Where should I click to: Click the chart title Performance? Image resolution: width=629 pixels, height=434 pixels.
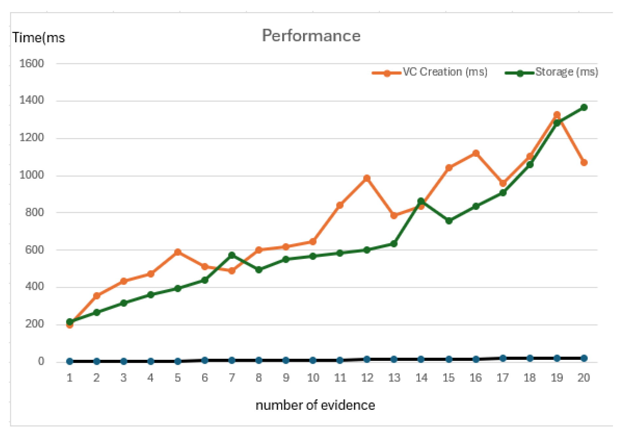(x=311, y=35)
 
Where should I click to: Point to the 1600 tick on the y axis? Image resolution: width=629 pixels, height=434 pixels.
(x=32, y=63)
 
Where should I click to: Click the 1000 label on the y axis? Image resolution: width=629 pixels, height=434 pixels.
(x=32, y=175)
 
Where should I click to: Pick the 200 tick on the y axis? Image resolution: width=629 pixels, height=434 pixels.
(x=34, y=324)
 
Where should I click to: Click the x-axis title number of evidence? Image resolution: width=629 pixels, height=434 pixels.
(x=315, y=405)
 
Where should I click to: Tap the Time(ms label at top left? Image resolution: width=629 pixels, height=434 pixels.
(x=39, y=38)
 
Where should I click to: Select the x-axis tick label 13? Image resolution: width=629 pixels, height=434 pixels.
(x=394, y=378)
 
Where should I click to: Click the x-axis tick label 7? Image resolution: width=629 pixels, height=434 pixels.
(x=232, y=378)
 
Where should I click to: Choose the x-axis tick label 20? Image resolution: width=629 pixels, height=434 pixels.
(x=583, y=378)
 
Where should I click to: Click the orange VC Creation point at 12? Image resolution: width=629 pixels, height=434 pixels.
(x=367, y=178)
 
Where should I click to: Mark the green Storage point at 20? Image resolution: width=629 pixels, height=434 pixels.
(x=584, y=107)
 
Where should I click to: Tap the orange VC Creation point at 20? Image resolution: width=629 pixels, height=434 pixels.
(x=584, y=162)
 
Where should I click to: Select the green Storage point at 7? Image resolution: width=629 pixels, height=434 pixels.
(x=232, y=255)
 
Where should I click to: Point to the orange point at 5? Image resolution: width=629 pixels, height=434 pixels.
(x=178, y=252)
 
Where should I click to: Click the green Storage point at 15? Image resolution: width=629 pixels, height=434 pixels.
(x=449, y=221)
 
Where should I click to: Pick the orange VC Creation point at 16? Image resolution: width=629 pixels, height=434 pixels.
(x=476, y=153)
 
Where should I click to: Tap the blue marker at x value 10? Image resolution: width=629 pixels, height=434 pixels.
(x=313, y=360)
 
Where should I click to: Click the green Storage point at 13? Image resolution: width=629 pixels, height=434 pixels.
(x=394, y=244)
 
